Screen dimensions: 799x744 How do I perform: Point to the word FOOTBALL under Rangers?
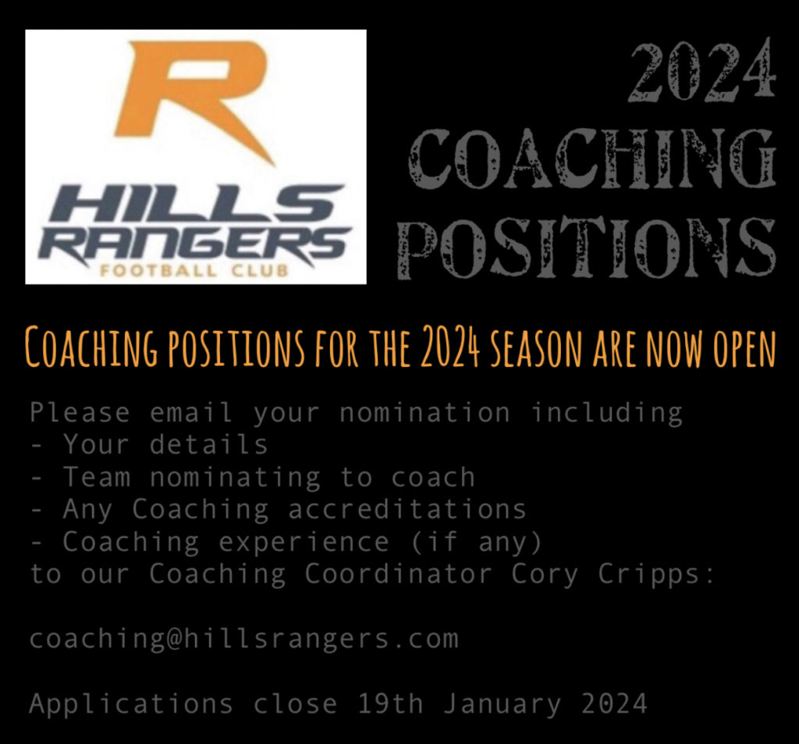158,270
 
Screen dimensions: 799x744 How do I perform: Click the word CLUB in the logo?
260,270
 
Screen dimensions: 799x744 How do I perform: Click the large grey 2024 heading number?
702,69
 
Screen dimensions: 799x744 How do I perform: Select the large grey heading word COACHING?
592,158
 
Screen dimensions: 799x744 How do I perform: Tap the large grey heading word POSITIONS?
587,247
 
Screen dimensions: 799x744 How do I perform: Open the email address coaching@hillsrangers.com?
244,639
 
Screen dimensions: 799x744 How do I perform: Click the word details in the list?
208,444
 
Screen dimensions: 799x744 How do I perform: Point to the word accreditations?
407,509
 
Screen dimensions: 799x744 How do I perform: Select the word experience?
304,542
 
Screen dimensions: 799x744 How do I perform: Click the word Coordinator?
398,574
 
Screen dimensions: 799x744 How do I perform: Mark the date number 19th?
390,703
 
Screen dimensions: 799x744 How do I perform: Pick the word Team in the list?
97,477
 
